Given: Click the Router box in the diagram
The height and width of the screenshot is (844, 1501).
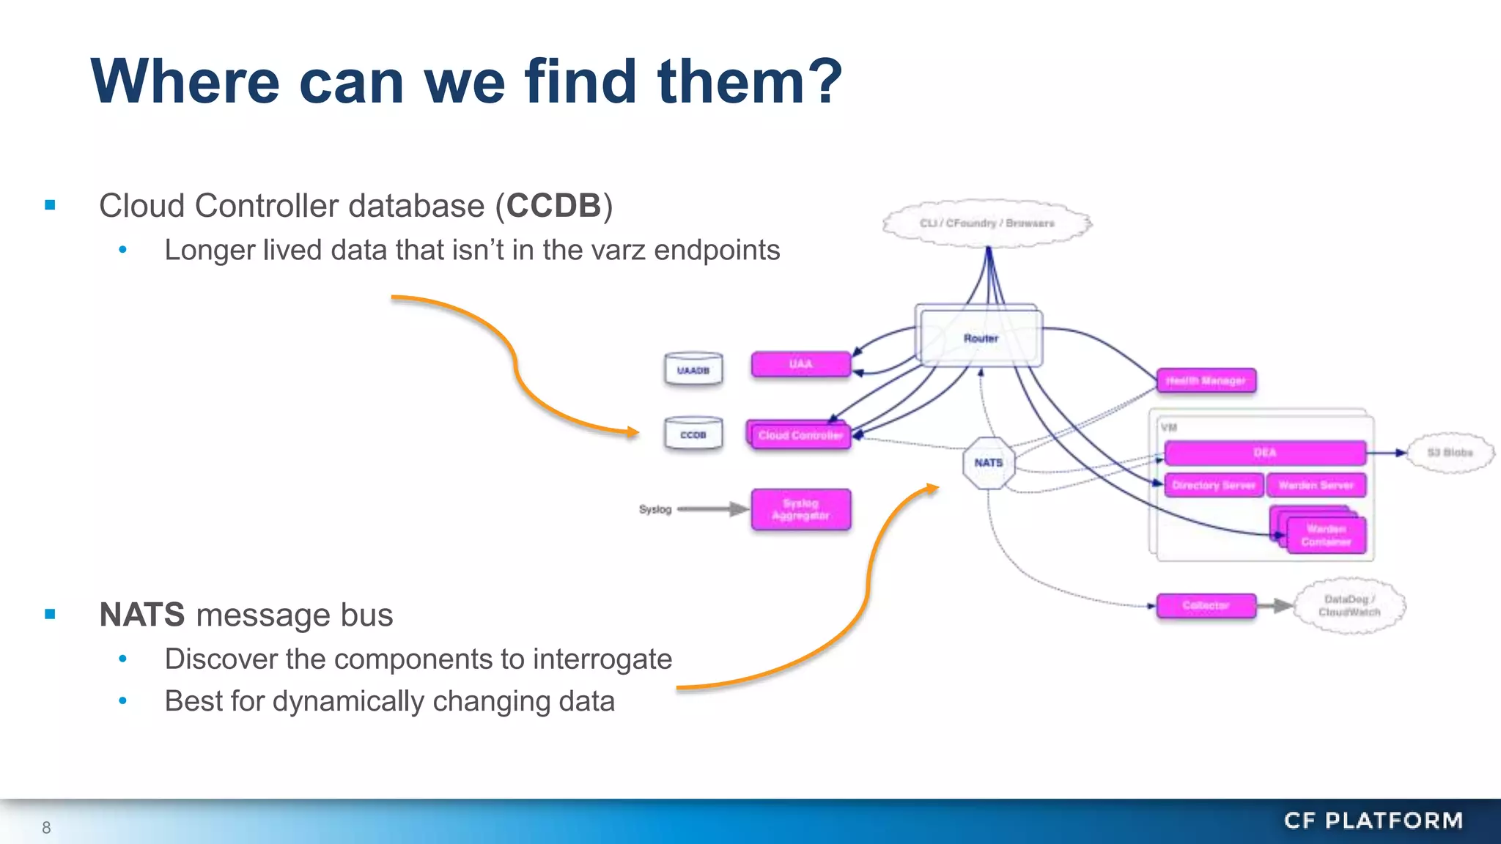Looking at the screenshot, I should [x=981, y=338].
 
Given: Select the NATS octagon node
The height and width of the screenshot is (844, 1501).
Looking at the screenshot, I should [x=988, y=463].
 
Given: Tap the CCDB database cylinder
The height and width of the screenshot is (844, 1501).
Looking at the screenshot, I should [x=693, y=434].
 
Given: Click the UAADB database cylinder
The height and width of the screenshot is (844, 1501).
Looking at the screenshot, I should [x=693, y=370].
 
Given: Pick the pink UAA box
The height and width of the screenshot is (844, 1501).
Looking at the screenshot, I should [x=801, y=364].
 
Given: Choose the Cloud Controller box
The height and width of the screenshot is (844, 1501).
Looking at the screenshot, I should [x=800, y=435].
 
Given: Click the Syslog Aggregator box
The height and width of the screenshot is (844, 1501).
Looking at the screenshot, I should [x=801, y=509].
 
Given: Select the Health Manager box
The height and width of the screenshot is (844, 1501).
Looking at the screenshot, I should [x=1206, y=381].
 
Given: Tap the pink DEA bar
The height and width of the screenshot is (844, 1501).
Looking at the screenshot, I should [x=1264, y=453].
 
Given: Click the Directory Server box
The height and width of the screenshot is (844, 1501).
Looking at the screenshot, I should [x=1214, y=485].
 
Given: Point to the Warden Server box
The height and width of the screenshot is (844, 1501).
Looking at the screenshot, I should [x=1316, y=485].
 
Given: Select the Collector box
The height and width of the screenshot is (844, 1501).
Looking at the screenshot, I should [x=1206, y=605].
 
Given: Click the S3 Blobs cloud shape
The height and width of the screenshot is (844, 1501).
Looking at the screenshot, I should [x=1450, y=453].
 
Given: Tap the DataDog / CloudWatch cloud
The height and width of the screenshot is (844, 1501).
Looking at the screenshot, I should [x=1349, y=606].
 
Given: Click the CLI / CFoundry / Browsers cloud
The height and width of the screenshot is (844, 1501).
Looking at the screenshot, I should [x=986, y=223].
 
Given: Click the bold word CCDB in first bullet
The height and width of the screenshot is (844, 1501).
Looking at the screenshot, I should [x=554, y=206].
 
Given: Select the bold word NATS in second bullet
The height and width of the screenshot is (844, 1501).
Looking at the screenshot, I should [x=142, y=615].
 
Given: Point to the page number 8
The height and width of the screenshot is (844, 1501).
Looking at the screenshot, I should [x=46, y=828].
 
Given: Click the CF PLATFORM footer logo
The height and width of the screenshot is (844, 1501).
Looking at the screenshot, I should [x=1373, y=821].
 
